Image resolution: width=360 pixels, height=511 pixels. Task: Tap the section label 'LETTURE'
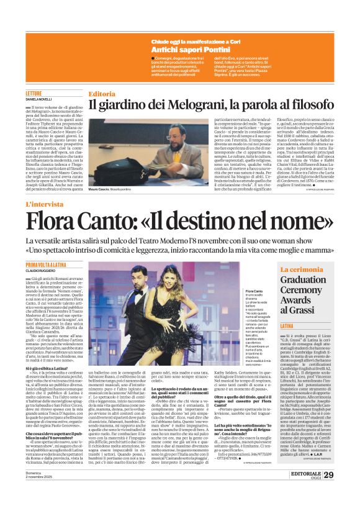click(x=34, y=93)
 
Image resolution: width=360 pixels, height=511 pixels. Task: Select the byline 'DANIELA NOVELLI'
click(x=40, y=100)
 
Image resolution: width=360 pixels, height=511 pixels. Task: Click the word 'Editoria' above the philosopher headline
click(x=102, y=94)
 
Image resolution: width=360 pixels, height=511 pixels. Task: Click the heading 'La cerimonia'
click(x=300, y=269)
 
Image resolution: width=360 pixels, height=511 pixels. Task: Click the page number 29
click(x=346, y=492)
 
